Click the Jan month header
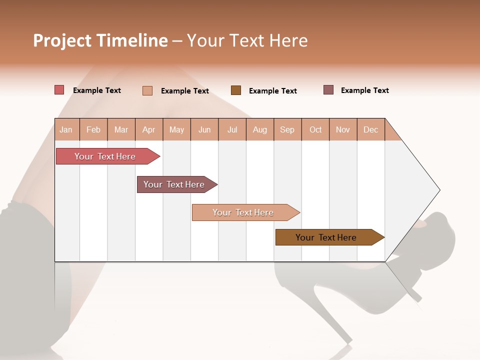tap(66, 129)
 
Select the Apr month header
tap(148, 129)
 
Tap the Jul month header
tap(232, 129)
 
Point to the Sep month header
tap(287, 129)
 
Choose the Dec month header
tap(370, 129)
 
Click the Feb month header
tap(93, 129)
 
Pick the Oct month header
tap(315, 129)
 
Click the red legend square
tap(59, 90)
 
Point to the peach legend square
tap(147, 90)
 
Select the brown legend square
tap(236, 90)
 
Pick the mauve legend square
tap(328, 90)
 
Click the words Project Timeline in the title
tap(100, 40)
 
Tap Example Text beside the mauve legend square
tap(364, 90)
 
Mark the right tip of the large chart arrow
tap(439, 190)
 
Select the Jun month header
tap(204, 129)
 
